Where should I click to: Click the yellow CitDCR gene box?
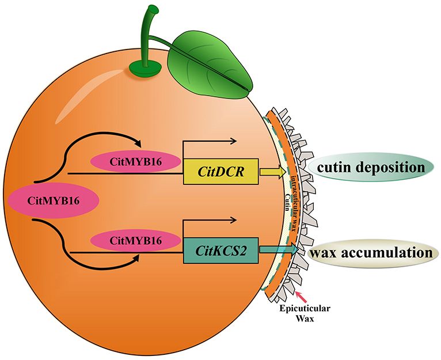pos(220,172)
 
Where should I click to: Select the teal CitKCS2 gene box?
pos(220,251)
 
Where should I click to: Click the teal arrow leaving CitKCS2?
pos(279,249)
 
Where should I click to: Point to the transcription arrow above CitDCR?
pos(210,142)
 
